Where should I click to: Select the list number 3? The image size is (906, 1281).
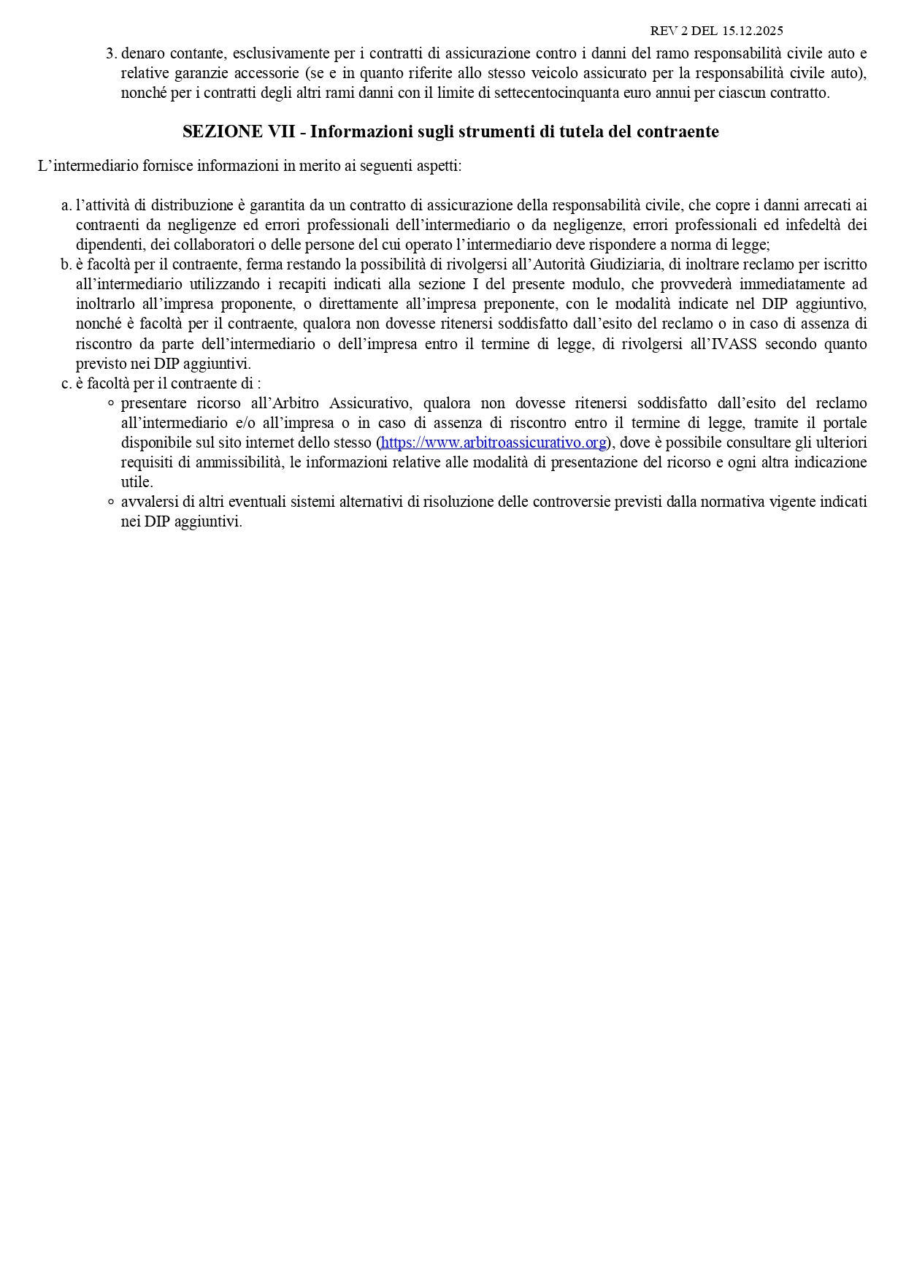(x=111, y=53)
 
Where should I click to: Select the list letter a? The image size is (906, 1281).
(x=66, y=205)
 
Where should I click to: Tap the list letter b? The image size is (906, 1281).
(x=66, y=264)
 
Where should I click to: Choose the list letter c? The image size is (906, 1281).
(x=66, y=383)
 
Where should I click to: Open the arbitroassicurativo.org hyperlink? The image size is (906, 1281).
(x=494, y=443)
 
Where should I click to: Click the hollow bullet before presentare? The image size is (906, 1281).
(x=111, y=403)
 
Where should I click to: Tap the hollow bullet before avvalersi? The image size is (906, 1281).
(x=111, y=502)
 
